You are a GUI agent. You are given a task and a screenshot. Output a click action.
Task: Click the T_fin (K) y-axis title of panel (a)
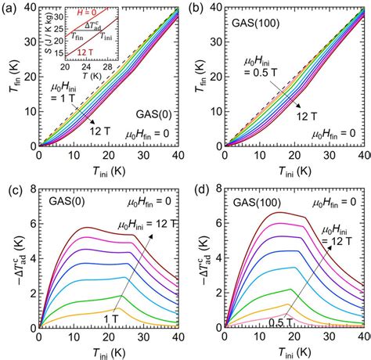click(10, 74)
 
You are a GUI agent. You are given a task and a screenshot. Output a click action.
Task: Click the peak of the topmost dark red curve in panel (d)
click(274, 213)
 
